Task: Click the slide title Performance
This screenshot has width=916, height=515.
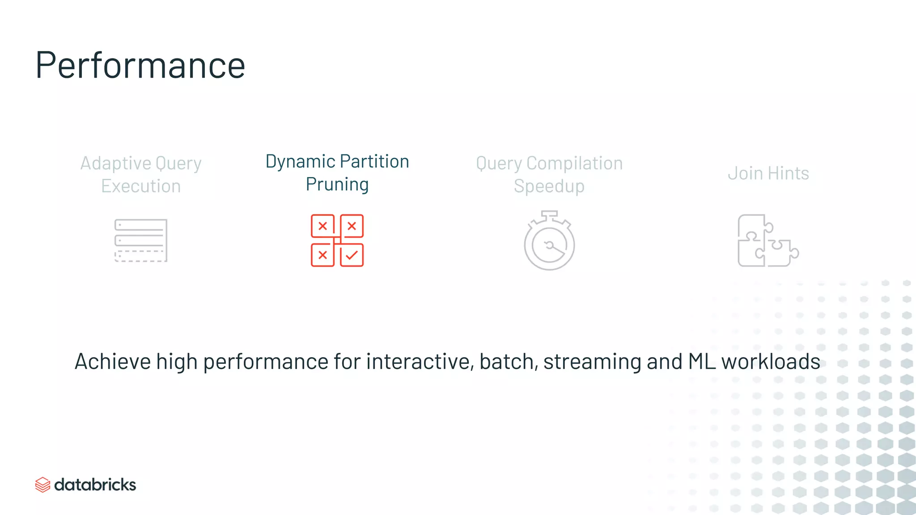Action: tap(140, 65)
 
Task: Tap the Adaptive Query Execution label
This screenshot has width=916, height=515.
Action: tap(141, 174)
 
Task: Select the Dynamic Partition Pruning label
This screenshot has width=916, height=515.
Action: tap(337, 173)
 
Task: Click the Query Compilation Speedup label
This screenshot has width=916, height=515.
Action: tap(549, 174)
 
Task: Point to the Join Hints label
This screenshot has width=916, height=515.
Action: tap(768, 173)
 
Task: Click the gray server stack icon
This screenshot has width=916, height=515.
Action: tap(141, 240)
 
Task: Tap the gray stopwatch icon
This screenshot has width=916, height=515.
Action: tap(549, 241)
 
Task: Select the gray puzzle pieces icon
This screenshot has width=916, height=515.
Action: tap(768, 241)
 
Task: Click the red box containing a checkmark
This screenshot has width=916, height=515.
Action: tap(352, 255)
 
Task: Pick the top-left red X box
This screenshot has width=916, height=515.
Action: tap(322, 226)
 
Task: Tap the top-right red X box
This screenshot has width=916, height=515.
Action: tap(352, 226)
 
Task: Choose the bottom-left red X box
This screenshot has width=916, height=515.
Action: tap(322, 255)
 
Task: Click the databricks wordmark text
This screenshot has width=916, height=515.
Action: tap(95, 485)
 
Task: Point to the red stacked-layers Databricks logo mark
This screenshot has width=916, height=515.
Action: tap(42, 485)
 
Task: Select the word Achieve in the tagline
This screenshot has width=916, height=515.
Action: tap(113, 361)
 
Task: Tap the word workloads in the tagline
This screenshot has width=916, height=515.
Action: tap(771, 361)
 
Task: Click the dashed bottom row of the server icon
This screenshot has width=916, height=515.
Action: tap(140, 256)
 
